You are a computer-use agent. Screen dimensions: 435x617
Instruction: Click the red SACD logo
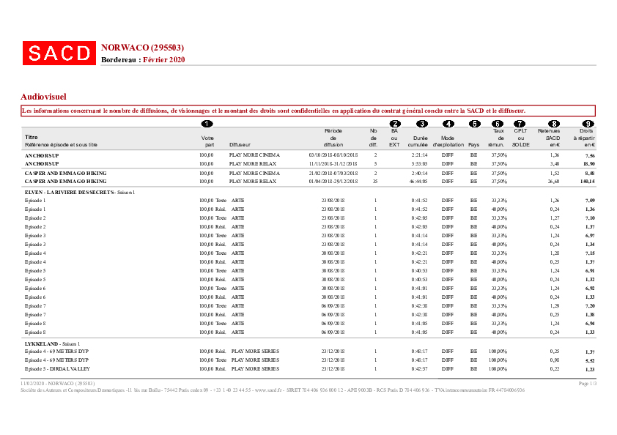59,53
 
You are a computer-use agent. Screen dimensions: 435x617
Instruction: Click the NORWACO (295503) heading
142,48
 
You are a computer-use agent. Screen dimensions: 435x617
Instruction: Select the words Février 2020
164,59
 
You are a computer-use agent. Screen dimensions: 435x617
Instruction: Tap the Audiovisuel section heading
44,96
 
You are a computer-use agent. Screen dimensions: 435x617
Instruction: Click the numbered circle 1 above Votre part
207,123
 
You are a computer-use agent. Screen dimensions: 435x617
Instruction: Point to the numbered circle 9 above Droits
588,123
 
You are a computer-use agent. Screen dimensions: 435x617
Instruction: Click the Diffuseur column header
240,144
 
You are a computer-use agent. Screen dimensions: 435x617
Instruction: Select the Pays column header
473,144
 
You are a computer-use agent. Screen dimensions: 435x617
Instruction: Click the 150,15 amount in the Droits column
586,180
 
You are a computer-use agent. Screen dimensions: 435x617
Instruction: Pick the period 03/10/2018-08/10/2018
333,156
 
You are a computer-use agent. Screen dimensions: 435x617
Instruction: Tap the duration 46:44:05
419,180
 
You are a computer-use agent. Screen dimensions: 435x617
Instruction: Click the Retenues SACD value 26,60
554,180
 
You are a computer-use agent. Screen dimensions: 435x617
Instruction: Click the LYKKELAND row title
43,343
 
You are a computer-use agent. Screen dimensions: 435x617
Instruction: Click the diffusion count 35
374,180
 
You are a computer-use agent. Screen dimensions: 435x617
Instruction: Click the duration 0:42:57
419,368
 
